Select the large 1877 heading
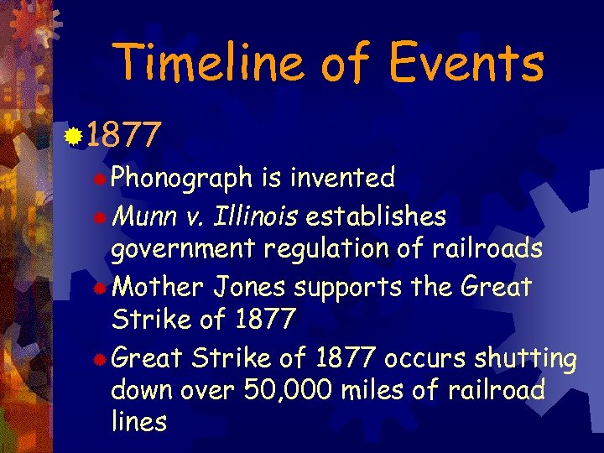(x=122, y=134)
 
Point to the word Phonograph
(x=182, y=178)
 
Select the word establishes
(x=377, y=216)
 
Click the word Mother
(x=159, y=287)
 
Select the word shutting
(x=526, y=359)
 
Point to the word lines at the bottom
(x=139, y=421)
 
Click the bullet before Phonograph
(x=100, y=178)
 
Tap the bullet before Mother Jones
(x=100, y=288)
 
